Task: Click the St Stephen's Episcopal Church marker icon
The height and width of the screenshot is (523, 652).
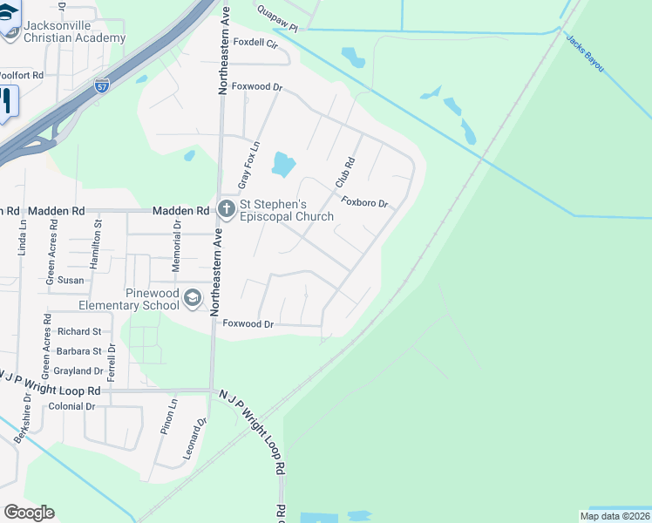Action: click(x=227, y=209)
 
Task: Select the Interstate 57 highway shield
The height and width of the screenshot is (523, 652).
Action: click(x=102, y=85)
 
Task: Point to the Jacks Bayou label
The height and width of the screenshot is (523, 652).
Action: click(x=584, y=54)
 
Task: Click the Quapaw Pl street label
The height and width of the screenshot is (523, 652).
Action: click(x=276, y=14)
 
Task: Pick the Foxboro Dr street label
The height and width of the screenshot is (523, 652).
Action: click(x=363, y=203)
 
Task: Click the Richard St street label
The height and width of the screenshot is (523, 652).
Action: click(x=79, y=332)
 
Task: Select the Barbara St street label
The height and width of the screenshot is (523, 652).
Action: click(x=78, y=351)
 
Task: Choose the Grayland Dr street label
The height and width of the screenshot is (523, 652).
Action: click(x=78, y=371)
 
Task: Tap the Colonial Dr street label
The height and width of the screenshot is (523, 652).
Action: click(x=71, y=406)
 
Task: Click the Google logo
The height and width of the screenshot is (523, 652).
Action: click(x=29, y=513)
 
